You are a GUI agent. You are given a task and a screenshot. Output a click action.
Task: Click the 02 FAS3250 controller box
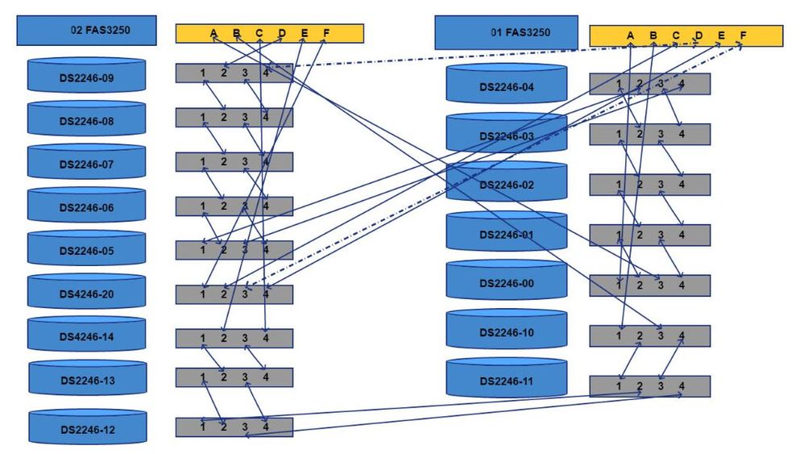(87, 31)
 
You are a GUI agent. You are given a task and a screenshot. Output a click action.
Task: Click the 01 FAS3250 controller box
(506, 33)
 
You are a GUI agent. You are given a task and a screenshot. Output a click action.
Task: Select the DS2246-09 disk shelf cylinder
(86, 79)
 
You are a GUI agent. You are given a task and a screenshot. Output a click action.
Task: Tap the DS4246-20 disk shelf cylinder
(86, 294)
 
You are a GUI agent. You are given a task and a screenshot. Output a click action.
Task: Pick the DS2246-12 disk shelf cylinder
(87, 429)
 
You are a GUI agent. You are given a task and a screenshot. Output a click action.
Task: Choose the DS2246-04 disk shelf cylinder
(506, 86)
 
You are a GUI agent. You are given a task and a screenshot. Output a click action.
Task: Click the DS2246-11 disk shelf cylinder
(506, 380)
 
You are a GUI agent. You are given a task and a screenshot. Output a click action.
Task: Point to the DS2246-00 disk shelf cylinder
(506, 283)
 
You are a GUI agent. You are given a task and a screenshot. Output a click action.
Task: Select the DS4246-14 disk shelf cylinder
(86, 337)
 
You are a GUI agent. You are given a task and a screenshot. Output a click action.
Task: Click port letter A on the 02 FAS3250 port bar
(213, 33)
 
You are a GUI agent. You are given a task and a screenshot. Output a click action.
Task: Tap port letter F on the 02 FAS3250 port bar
(326, 33)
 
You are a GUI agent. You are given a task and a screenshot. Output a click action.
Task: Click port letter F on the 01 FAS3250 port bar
(743, 35)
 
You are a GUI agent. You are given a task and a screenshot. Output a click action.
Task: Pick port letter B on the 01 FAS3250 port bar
(653, 35)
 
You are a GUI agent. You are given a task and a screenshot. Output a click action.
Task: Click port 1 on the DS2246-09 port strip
(203, 73)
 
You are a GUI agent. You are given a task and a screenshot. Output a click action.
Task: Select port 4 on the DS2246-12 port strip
(266, 427)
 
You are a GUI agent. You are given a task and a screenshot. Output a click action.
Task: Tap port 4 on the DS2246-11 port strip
(682, 386)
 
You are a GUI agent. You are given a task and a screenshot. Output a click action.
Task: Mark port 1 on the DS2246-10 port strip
(619, 335)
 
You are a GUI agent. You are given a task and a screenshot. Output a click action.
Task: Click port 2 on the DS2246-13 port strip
(224, 377)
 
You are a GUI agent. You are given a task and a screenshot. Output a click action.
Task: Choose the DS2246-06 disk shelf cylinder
(86, 207)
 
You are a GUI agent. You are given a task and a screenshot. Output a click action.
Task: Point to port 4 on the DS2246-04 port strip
(682, 84)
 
